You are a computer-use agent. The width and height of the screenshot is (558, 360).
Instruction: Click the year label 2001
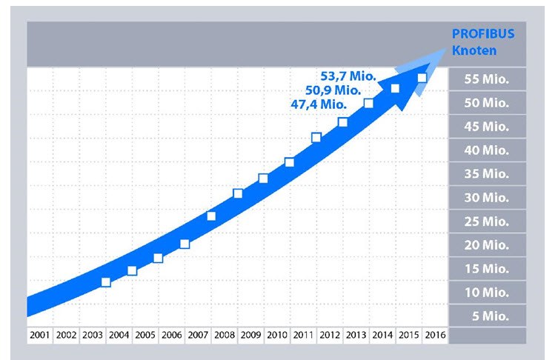[40, 336]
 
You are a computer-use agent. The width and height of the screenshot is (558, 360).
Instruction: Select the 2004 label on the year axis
[119, 336]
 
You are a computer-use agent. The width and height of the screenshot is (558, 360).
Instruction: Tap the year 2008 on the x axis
[225, 336]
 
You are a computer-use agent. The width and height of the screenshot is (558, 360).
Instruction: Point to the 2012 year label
[330, 336]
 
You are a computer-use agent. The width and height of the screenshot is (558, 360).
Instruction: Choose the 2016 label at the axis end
[434, 336]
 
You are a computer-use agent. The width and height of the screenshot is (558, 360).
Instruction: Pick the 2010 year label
[277, 336]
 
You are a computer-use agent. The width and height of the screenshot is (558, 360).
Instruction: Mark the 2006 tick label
[172, 336]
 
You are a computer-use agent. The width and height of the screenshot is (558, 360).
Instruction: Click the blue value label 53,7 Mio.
[349, 76]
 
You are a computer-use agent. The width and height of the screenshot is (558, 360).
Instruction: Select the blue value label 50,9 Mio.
[333, 90]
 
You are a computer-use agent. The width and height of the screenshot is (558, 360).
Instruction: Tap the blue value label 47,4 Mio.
[319, 104]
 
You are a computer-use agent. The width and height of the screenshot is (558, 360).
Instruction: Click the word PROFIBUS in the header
[483, 35]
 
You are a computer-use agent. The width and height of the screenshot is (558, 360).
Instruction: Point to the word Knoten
[474, 51]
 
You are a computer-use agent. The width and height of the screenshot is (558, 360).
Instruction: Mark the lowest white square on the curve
[106, 282]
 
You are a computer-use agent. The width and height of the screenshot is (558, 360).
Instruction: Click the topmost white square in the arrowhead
[422, 78]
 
